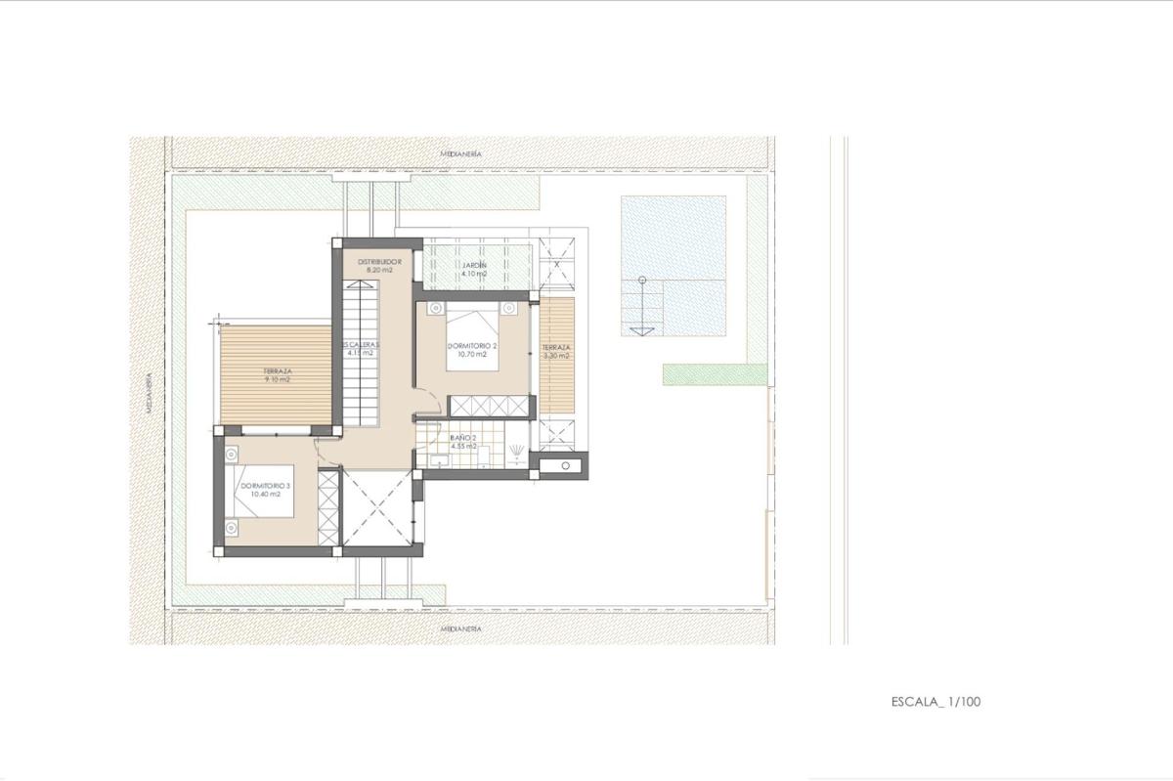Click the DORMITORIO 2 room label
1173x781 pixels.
pyautogui.click(x=473, y=347)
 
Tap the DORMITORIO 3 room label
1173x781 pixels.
pyautogui.click(x=258, y=485)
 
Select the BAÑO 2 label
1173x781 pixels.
pyautogui.click(x=463, y=438)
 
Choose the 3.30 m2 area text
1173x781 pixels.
pyautogui.click(x=556, y=356)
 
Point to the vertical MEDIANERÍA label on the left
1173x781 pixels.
pyautogui.click(x=150, y=392)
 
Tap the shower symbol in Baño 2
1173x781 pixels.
pyautogui.click(x=515, y=449)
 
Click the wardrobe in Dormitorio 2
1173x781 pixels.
pyautogui.click(x=489, y=404)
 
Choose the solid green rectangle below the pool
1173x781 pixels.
pyautogui.click(x=715, y=373)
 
